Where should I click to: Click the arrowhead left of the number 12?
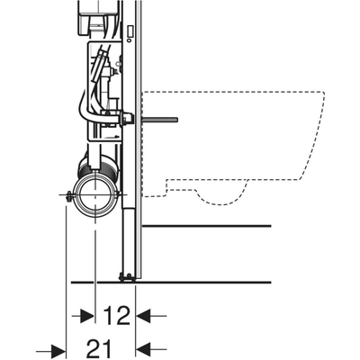click(x=87, y=315)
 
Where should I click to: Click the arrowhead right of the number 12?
click(x=142, y=315)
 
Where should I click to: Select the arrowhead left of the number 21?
click(x=59, y=347)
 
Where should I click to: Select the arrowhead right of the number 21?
click(x=142, y=347)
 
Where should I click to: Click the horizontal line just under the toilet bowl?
click(x=207, y=225)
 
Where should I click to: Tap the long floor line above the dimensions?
click(x=207, y=279)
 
